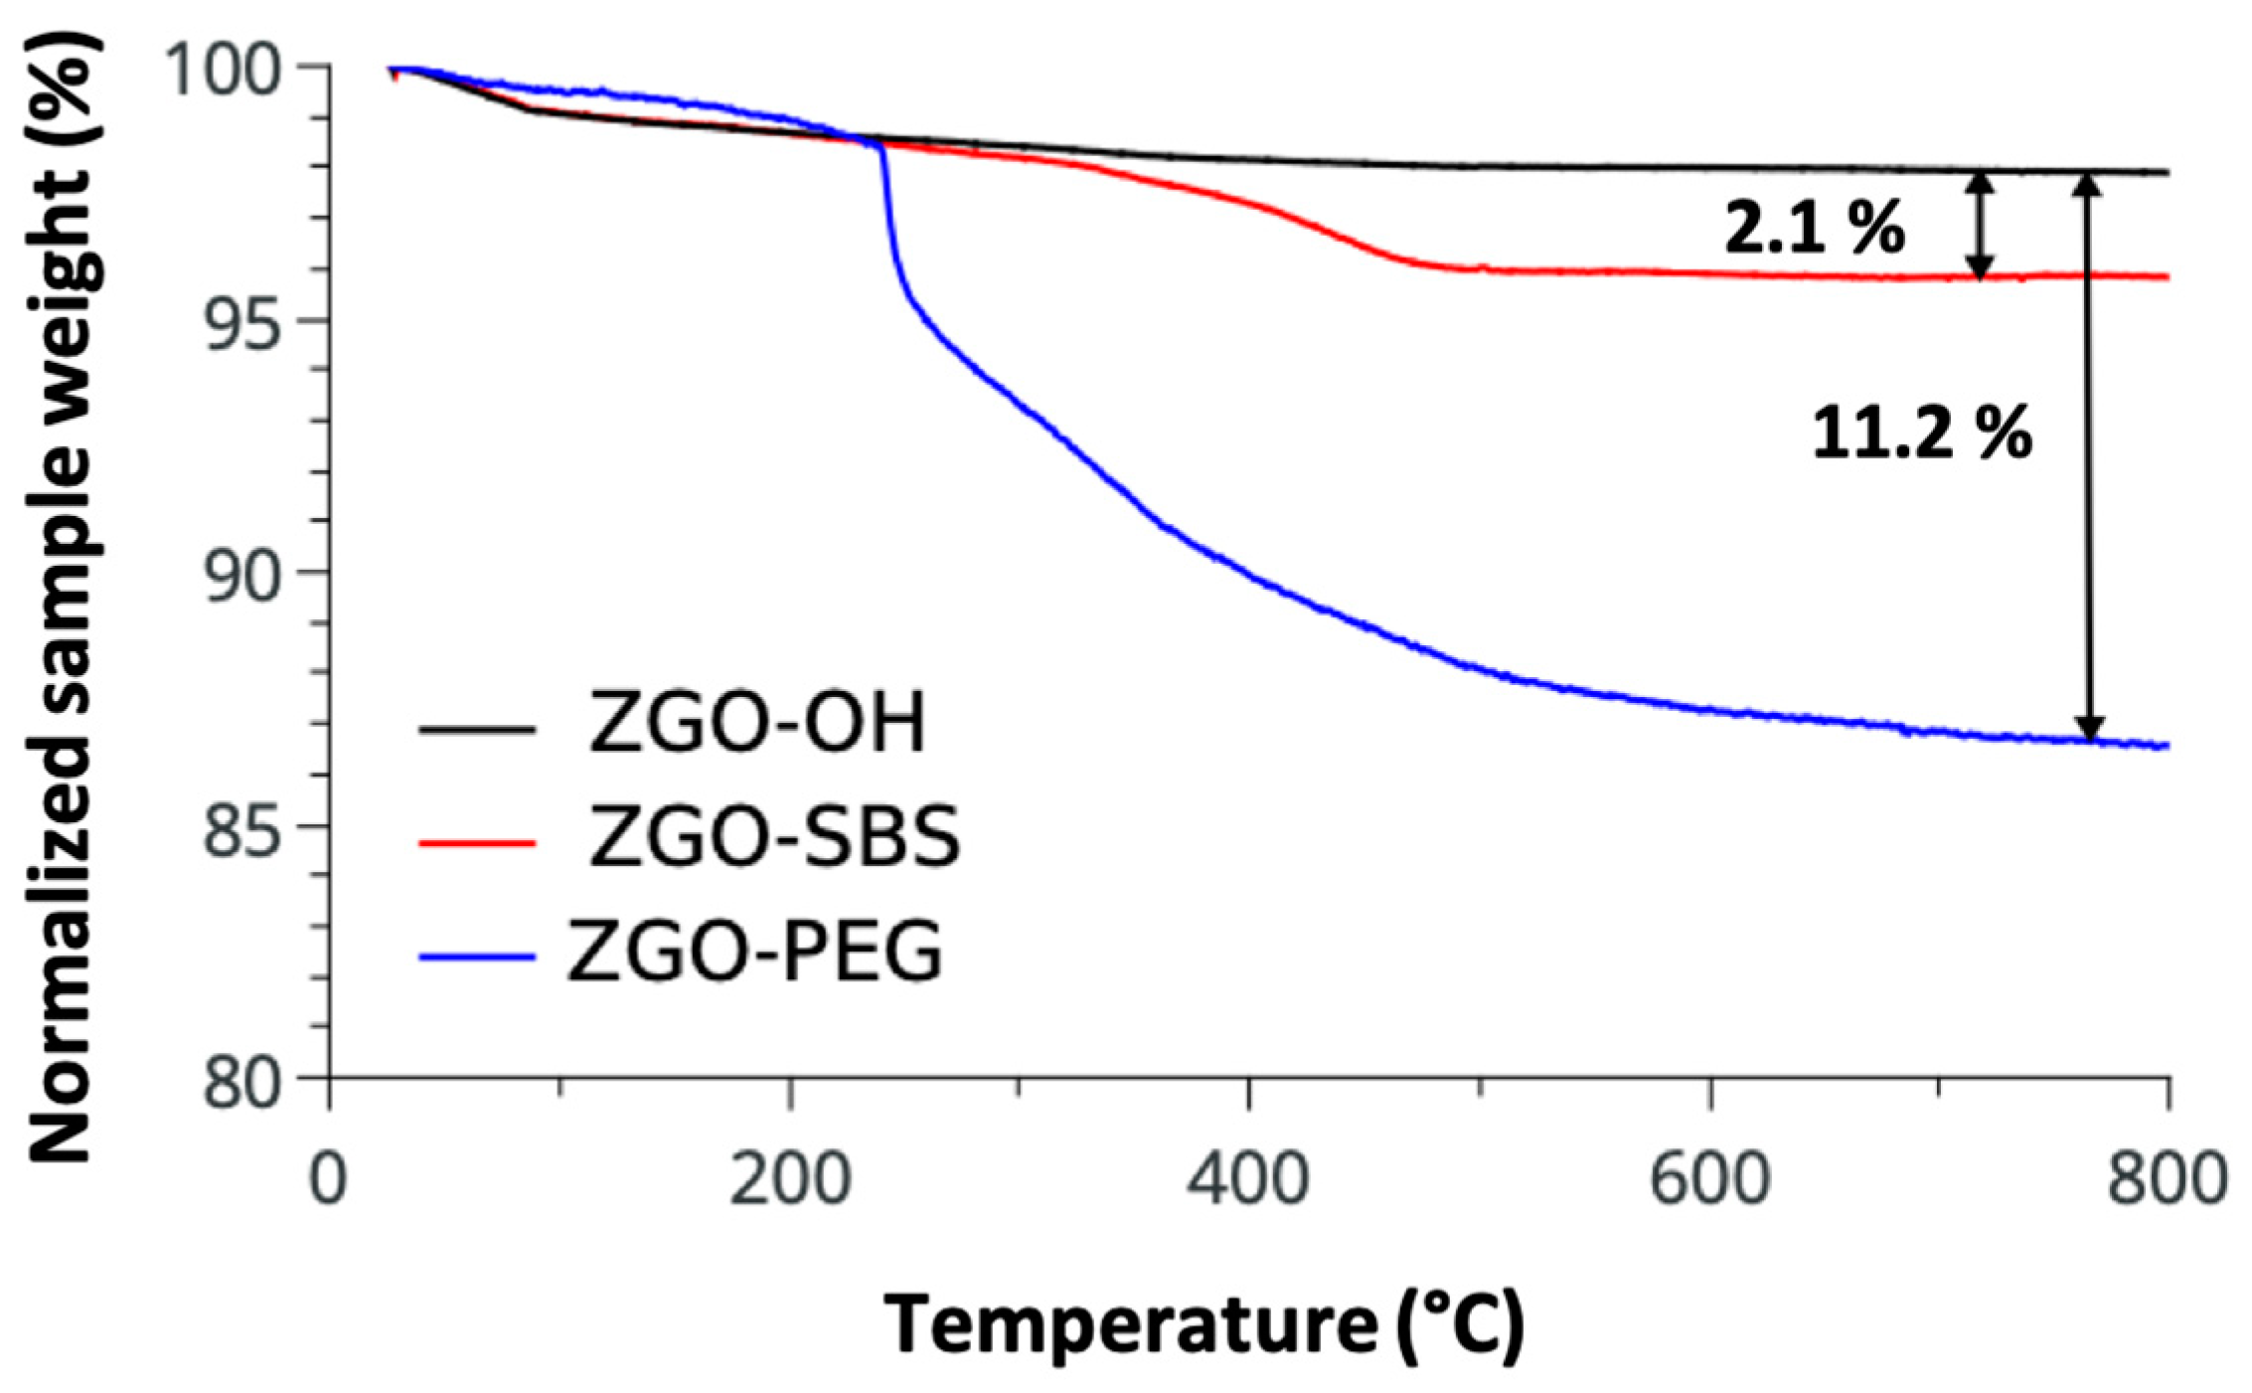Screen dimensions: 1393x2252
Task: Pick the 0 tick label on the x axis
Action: (329, 1179)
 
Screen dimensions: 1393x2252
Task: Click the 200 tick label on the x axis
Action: (790, 1179)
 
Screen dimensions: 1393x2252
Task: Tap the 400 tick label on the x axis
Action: (1249, 1179)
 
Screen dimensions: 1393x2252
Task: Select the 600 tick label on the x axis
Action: (1709, 1179)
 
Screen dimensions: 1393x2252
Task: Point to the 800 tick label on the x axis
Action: (2167, 1179)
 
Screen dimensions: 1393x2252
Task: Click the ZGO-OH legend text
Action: (757, 723)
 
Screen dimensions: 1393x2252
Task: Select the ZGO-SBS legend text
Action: (775, 837)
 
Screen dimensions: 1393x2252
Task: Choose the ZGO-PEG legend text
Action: (755, 952)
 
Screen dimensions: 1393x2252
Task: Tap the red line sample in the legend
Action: (477, 843)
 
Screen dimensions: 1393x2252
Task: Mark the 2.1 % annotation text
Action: (1814, 228)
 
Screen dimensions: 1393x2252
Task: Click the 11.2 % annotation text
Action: (1921, 435)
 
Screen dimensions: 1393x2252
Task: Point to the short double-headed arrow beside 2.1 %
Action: (1981, 226)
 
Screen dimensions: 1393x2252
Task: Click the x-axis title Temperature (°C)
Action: (1203, 1325)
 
